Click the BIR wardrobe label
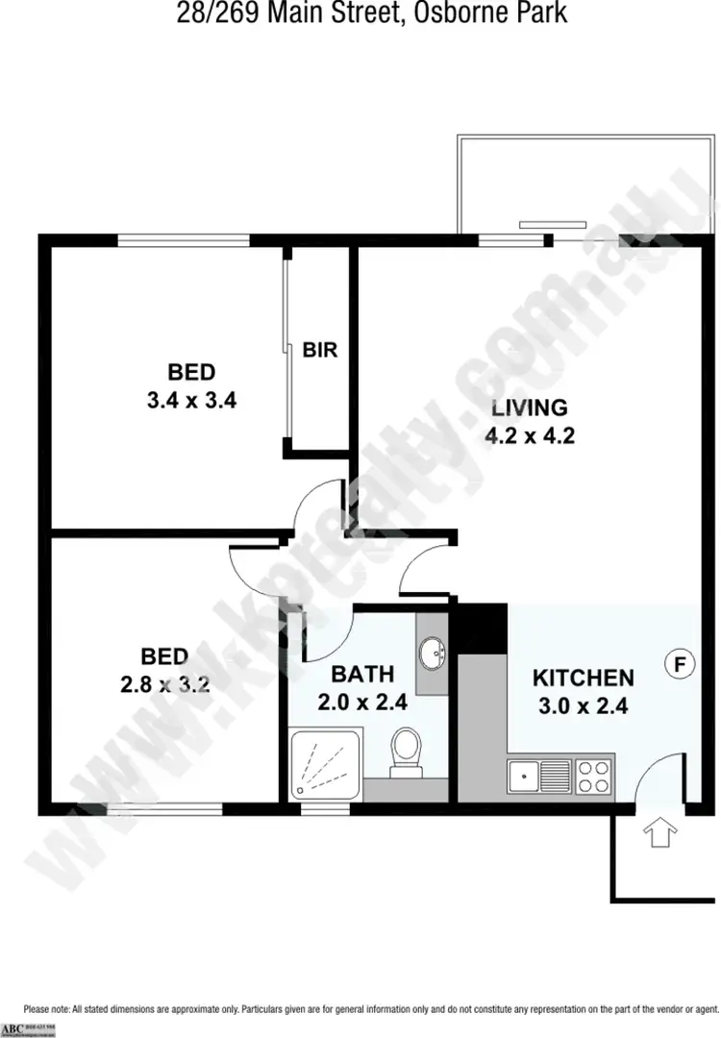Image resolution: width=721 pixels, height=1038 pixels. (320, 351)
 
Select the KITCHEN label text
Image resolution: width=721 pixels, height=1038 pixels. (583, 679)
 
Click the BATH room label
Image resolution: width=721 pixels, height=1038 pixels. (362, 674)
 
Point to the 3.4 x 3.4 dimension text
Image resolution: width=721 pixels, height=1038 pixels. (191, 401)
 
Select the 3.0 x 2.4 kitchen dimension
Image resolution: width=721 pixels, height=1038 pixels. (583, 706)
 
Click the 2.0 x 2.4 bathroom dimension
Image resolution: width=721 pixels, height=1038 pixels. (362, 702)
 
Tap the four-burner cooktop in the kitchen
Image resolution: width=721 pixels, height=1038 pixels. (592, 775)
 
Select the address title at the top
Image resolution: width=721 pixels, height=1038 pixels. (360, 13)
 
